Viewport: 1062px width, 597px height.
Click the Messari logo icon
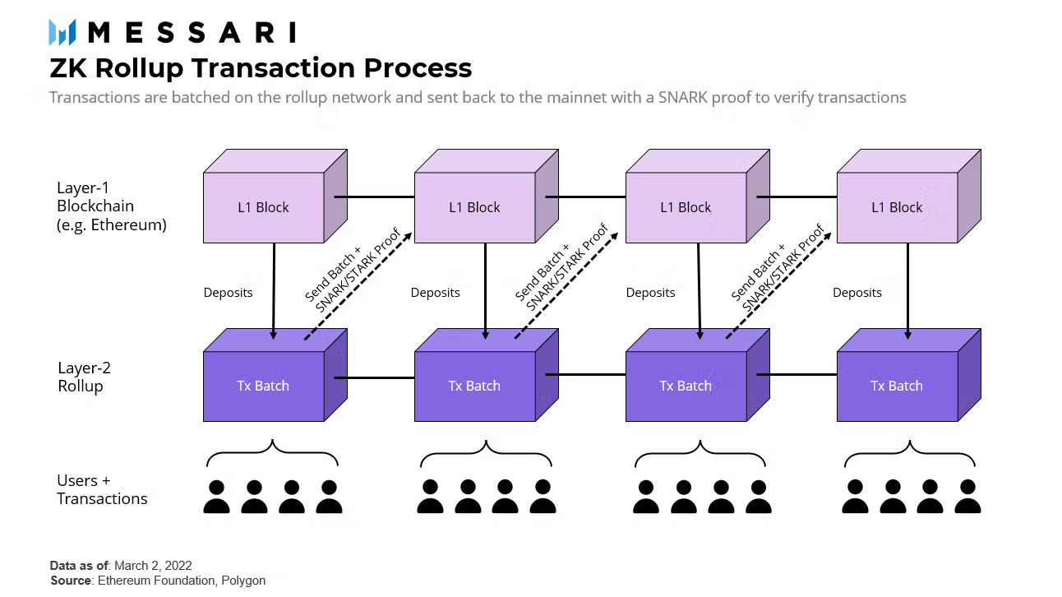pyautogui.click(x=62, y=32)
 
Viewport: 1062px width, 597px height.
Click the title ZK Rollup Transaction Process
pyautogui.click(x=261, y=67)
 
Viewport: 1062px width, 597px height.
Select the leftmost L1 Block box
pyautogui.click(x=263, y=207)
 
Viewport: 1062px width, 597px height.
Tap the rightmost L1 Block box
pyautogui.click(x=897, y=207)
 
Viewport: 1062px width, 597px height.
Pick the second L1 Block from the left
pyautogui.click(x=474, y=207)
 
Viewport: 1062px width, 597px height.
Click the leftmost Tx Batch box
pyautogui.click(x=263, y=386)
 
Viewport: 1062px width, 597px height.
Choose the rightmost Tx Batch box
pyautogui.click(x=897, y=386)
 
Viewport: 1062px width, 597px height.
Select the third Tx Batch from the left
pyautogui.click(x=686, y=386)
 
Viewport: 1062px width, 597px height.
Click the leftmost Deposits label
pyautogui.click(x=228, y=293)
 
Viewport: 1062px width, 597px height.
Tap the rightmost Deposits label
pyautogui.click(x=857, y=293)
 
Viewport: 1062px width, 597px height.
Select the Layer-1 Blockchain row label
pyautogui.click(x=112, y=206)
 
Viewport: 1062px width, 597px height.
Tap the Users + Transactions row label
pyautogui.click(x=102, y=489)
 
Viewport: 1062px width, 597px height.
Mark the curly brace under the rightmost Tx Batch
pyautogui.click(x=911, y=453)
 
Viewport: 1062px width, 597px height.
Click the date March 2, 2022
pyautogui.click(x=153, y=566)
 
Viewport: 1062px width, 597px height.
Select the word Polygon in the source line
pyautogui.click(x=244, y=581)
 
